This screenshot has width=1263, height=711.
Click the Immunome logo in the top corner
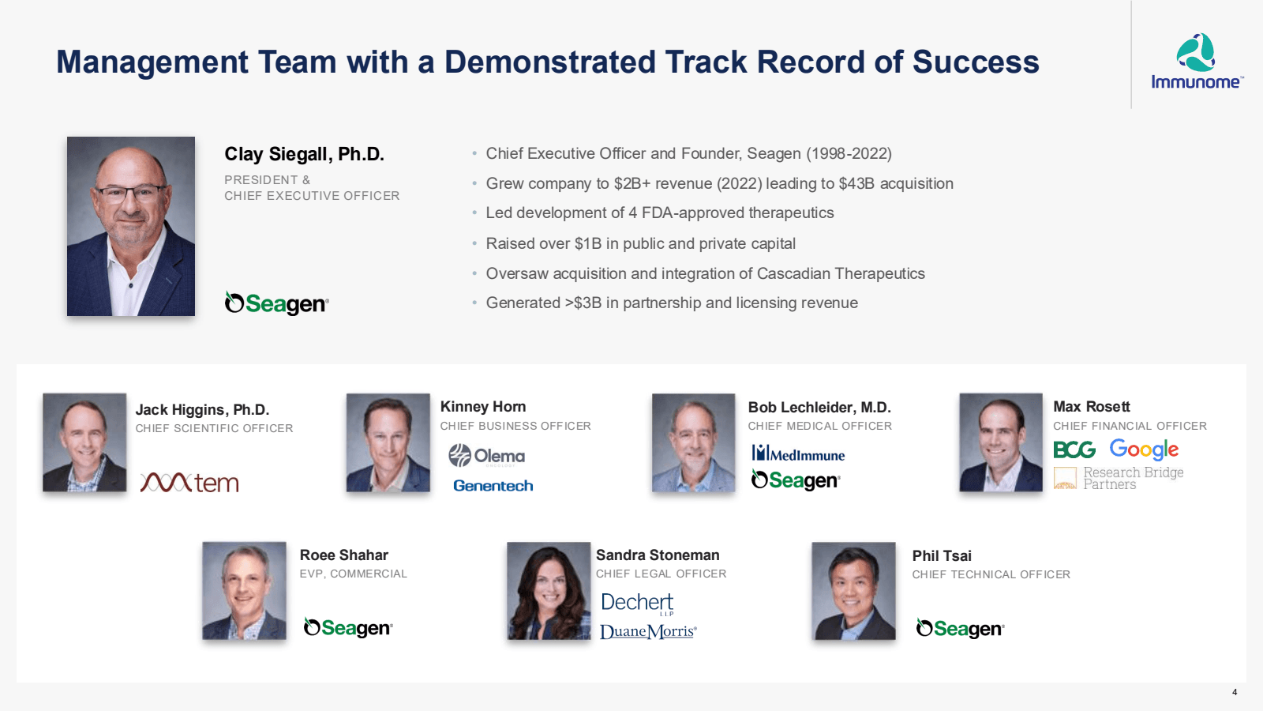pos(1196,62)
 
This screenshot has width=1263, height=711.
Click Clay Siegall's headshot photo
pos(131,227)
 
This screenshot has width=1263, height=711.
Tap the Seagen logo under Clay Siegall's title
pos(276,303)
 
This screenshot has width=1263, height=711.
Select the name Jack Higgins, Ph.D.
pos(202,409)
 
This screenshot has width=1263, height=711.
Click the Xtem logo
pos(189,482)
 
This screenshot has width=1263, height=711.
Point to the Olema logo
pos(486,456)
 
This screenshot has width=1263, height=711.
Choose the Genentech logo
pos(493,486)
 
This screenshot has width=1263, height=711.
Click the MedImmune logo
pos(798,453)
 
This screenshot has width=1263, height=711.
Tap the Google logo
pos(1144,450)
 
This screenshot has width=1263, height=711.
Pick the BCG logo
pos(1074,450)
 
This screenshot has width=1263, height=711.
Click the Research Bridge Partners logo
pos(1119,478)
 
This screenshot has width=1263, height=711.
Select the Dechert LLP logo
pos(637,603)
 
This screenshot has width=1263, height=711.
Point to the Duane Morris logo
pos(648,631)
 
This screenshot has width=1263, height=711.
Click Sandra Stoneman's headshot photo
pos(549,591)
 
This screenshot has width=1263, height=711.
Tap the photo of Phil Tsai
pos(853,591)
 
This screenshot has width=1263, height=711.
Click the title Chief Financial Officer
pos(1130,426)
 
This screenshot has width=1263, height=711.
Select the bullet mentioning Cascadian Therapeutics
pos(705,273)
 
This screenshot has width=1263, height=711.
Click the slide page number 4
pos(1235,692)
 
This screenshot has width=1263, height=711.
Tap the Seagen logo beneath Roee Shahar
pos(348,628)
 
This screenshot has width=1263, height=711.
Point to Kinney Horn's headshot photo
pos(388,443)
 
